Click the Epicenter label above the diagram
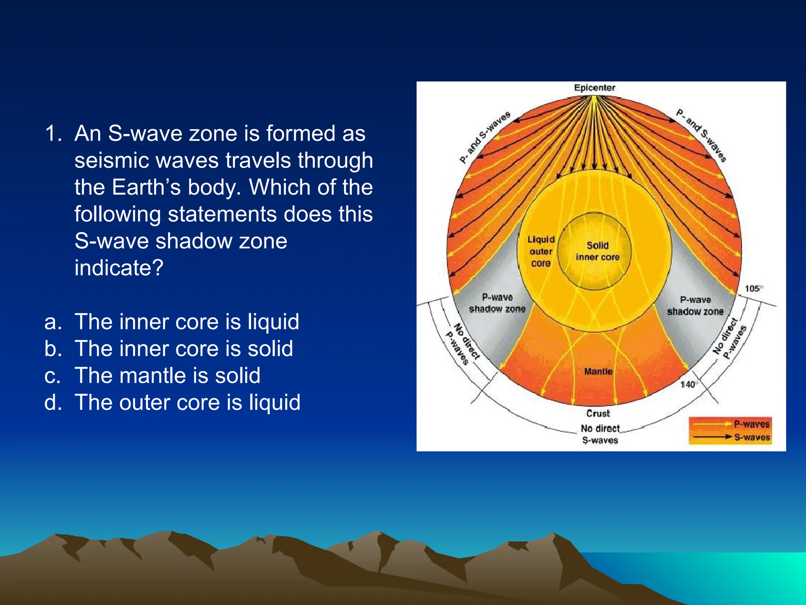point(594,88)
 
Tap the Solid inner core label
point(597,251)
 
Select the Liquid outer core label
point(541,251)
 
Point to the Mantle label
point(598,371)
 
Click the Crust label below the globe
point(598,413)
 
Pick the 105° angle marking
point(753,288)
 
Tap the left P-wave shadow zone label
point(497,303)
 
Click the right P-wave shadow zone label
point(695,306)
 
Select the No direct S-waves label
point(600,434)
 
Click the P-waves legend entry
point(751,424)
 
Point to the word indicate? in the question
point(118,268)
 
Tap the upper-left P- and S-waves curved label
point(485,137)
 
